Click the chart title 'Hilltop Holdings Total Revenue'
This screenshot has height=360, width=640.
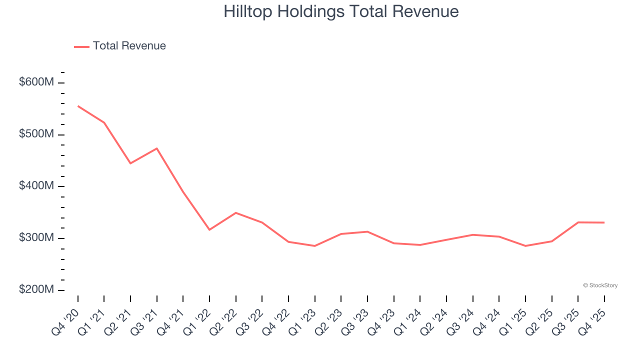pyautogui.click(x=341, y=11)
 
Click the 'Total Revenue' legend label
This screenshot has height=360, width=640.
pyautogui.click(x=129, y=46)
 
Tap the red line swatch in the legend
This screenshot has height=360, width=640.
pyautogui.click(x=81, y=46)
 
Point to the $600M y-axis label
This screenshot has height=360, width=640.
pyautogui.click(x=36, y=82)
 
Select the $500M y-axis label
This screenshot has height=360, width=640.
pyautogui.click(x=36, y=134)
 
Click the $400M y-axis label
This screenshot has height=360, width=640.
pyautogui.click(x=36, y=186)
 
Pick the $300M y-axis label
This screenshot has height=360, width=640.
pyautogui.click(x=36, y=238)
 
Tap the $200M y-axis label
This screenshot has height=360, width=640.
pyautogui.click(x=36, y=290)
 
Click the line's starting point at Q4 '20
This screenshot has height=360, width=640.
pyautogui.click(x=78, y=106)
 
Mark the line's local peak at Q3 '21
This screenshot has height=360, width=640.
pyautogui.click(x=157, y=148)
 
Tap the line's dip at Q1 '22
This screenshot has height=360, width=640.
pyautogui.click(x=209, y=230)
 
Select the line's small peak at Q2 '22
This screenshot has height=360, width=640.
pyautogui.click(x=236, y=213)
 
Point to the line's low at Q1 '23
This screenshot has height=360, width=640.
pyautogui.click(x=315, y=246)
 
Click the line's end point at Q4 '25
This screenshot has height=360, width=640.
pyautogui.click(x=604, y=222)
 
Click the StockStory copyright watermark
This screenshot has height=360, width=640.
pyautogui.click(x=600, y=285)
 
